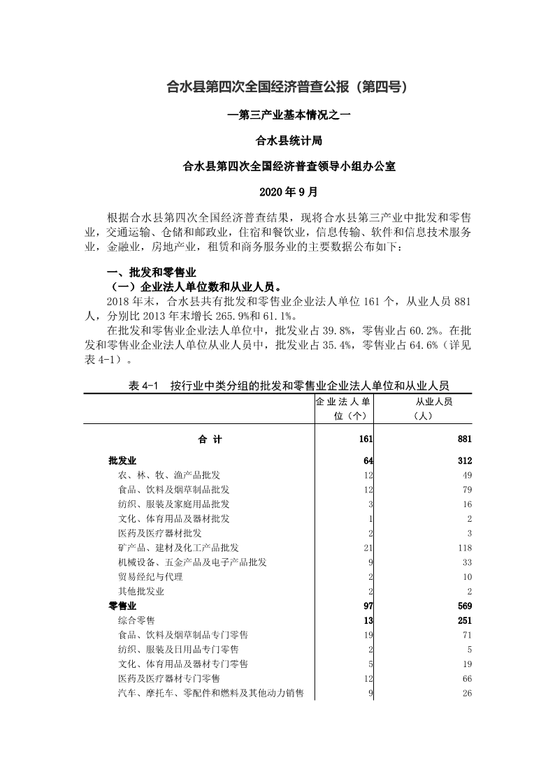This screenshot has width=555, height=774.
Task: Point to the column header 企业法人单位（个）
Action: coord(342,409)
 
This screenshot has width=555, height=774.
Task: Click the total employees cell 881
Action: coord(464,439)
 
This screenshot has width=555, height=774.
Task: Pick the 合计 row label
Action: coord(210,439)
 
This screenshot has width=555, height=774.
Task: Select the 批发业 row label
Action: coord(122,460)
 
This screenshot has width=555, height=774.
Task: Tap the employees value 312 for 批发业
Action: coord(464,460)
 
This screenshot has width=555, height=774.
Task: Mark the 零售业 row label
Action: coord(122,606)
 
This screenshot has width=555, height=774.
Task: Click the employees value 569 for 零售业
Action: coord(464,606)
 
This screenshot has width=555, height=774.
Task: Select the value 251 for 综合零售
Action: coord(464,620)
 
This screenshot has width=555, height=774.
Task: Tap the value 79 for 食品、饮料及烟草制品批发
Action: coord(466,489)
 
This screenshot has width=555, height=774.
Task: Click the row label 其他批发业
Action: coord(141,591)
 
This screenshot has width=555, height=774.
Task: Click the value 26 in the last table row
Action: coord(466,693)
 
